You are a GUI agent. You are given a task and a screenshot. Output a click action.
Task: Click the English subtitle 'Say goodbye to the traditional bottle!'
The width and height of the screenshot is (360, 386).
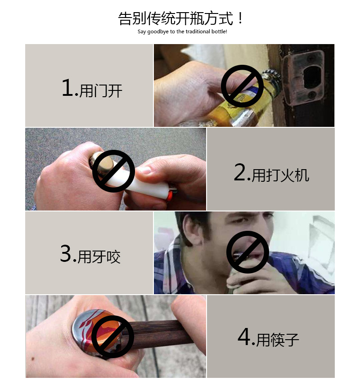point(182,31)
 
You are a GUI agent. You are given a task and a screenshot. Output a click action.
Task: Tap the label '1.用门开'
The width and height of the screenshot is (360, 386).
point(92,88)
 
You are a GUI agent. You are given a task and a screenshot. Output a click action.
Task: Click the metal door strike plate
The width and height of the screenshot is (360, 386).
point(303,77)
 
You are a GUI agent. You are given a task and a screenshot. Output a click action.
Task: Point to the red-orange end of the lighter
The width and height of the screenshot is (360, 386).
point(169,195)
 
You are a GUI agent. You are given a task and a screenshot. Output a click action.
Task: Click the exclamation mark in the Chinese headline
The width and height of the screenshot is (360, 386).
point(241,18)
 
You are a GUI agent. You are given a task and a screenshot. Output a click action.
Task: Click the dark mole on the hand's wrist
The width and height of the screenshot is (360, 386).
point(33,359)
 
